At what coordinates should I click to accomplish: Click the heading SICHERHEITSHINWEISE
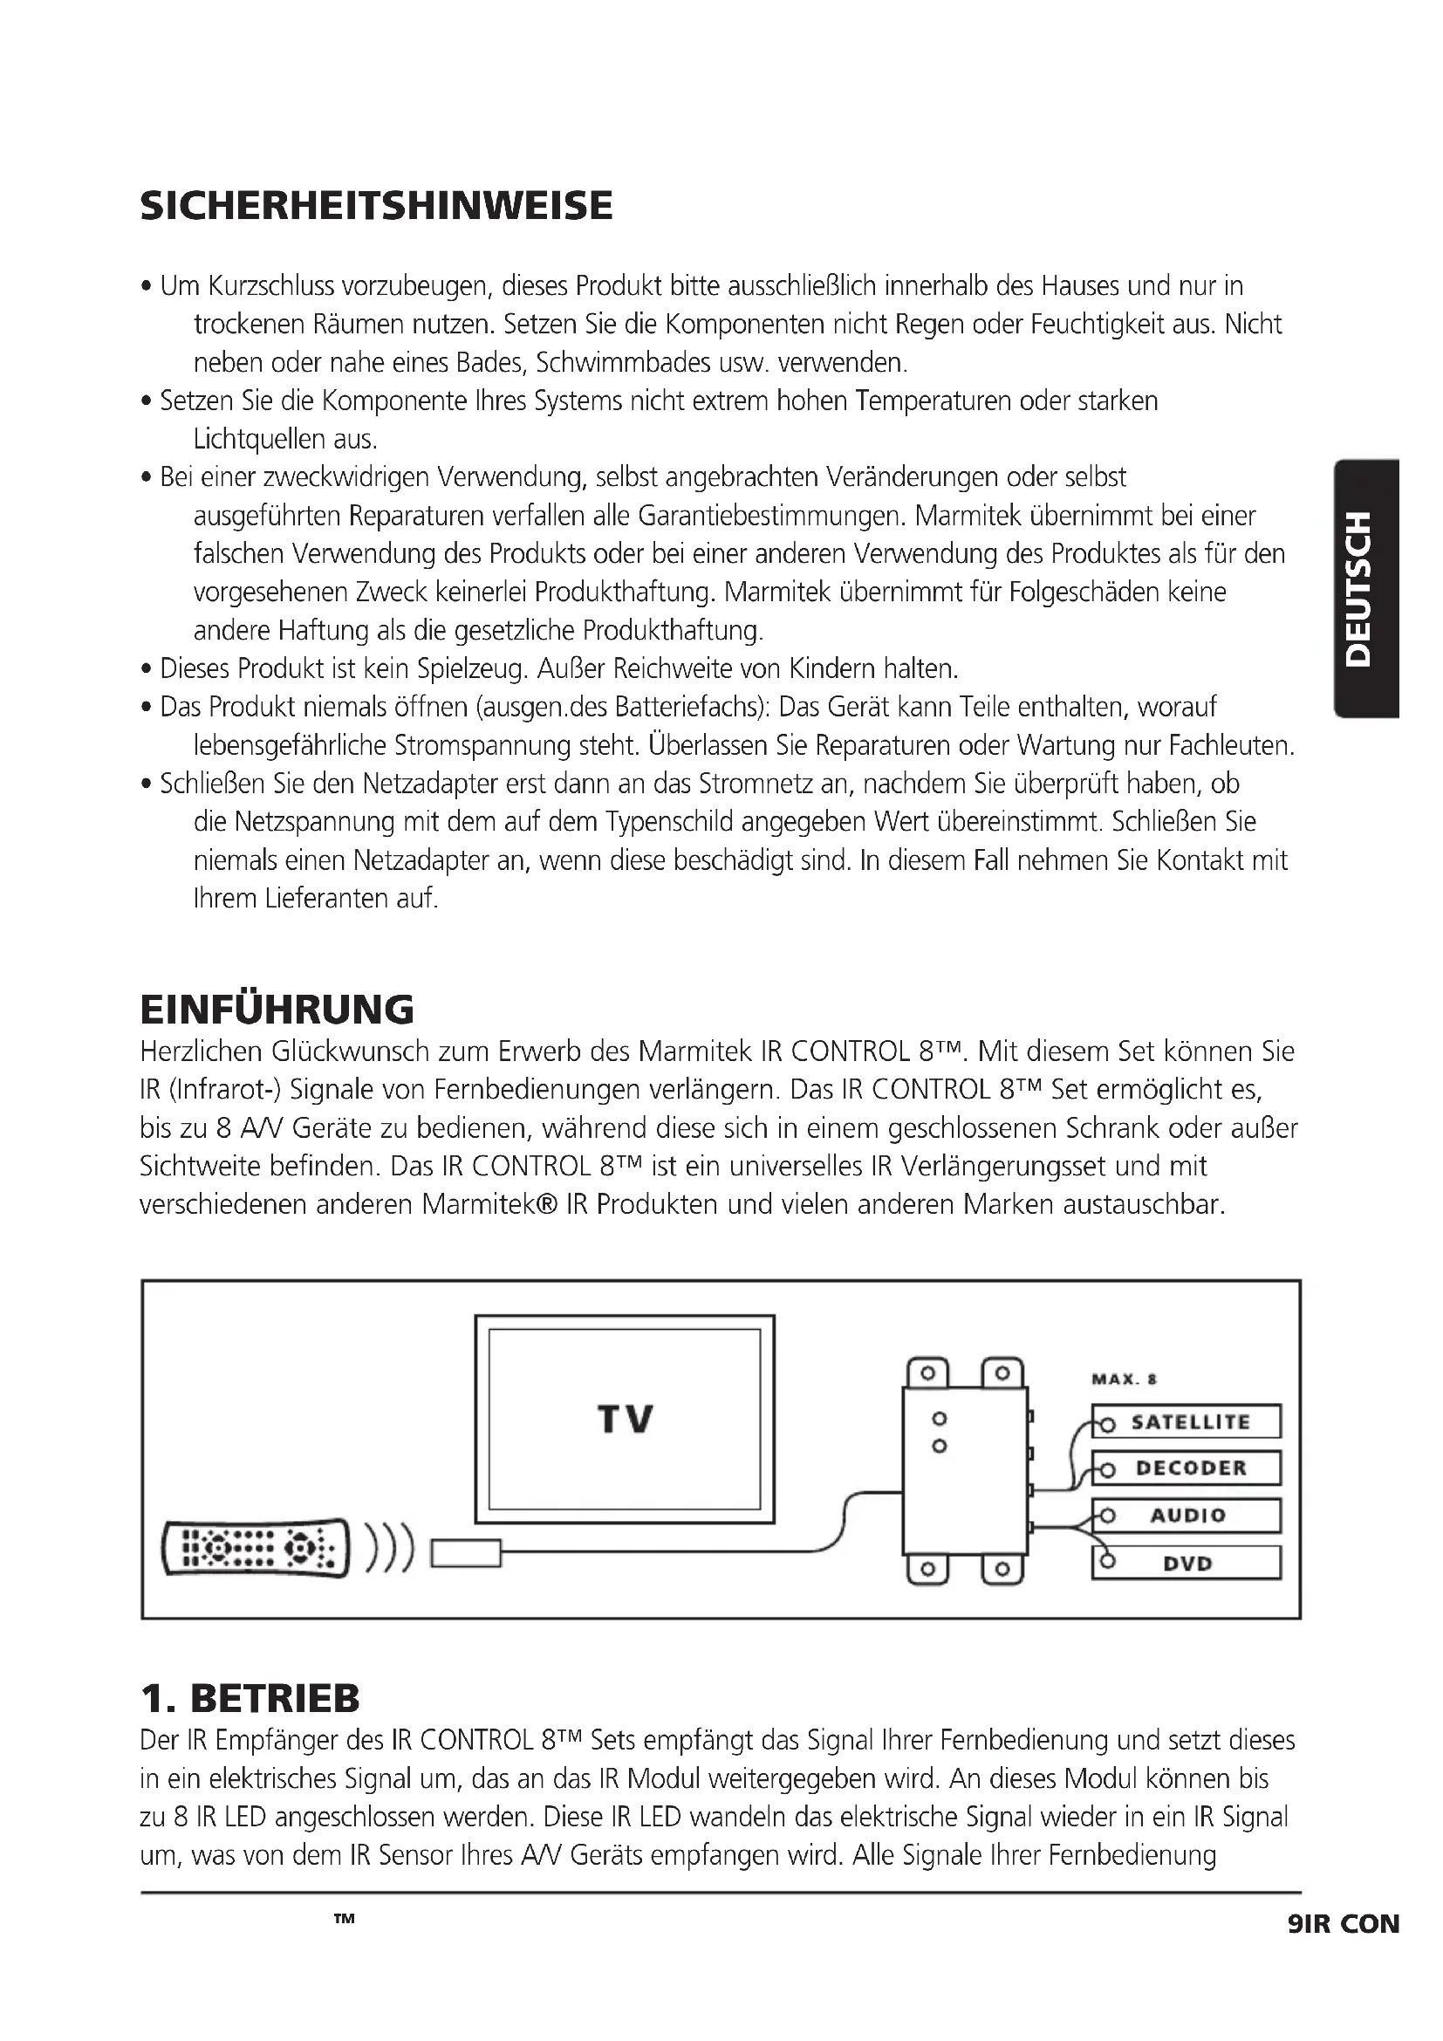(376, 205)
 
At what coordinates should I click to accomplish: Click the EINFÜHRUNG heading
(277, 1009)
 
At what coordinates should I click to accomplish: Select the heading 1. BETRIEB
(250, 1698)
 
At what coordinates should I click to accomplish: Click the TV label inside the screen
(625, 1420)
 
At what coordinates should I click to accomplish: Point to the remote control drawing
(255, 1548)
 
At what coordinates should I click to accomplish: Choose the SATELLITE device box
(1187, 1421)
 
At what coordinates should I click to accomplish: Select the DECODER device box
(1187, 1468)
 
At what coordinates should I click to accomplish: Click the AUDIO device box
(1187, 1515)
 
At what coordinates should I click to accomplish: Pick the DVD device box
(1187, 1563)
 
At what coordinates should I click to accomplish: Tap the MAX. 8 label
(1124, 1379)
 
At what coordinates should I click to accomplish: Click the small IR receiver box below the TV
(466, 1552)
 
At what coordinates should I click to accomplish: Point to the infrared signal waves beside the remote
(389, 1548)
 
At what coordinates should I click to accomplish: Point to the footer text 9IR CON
(1342, 1925)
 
